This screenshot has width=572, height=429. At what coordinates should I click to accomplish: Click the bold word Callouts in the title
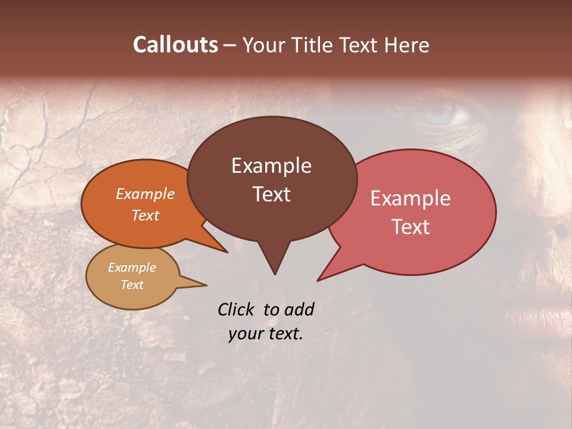(175, 45)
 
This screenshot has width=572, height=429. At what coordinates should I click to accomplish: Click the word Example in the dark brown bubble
(271, 166)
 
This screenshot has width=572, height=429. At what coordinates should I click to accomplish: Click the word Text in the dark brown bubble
(271, 194)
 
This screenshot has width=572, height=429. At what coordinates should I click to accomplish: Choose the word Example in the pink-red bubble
(411, 198)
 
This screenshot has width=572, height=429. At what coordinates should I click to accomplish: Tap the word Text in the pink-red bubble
(411, 227)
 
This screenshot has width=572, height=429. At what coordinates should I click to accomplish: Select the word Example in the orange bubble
(145, 194)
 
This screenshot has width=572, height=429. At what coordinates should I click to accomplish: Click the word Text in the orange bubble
(145, 216)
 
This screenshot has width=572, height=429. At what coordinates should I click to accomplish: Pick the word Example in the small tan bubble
(132, 268)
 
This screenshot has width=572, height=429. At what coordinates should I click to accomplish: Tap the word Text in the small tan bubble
(132, 285)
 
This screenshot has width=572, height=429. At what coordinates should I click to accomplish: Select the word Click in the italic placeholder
(236, 309)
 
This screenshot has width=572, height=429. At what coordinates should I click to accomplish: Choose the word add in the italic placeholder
(299, 309)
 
